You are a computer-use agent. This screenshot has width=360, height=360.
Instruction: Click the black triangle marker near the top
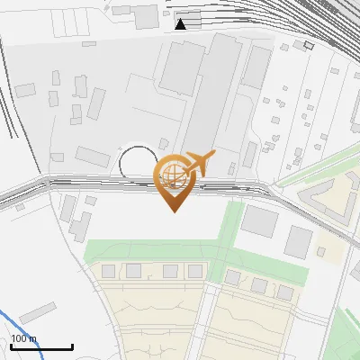(181, 24)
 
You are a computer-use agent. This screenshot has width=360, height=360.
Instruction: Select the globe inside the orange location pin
(172, 176)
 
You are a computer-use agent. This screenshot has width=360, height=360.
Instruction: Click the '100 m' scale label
(24, 338)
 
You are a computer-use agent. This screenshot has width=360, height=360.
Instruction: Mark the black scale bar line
(41, 346)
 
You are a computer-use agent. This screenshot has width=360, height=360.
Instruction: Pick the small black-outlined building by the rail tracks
(309, 43)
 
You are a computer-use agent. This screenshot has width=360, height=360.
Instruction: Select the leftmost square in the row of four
(109, 271)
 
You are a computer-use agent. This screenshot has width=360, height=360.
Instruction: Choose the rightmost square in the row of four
(195, 271)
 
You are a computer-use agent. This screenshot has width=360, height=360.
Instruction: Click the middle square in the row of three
(259, 285)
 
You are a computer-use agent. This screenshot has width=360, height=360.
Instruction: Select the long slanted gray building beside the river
(38, 314)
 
